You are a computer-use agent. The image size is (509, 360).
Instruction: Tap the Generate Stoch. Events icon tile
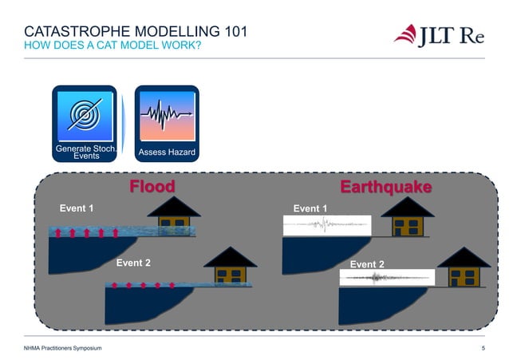click(85, 123)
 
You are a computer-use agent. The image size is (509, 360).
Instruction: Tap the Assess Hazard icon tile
click(167, 123)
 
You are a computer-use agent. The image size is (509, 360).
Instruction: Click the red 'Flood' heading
click(152, 187)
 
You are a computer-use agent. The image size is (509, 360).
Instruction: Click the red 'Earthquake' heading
click(386, 187)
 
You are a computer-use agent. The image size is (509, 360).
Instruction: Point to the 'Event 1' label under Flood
click(77, 208)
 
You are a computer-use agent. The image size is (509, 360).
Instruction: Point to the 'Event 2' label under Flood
click(133, 263)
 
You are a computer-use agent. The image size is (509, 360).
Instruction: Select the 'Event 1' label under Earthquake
click(310, 208)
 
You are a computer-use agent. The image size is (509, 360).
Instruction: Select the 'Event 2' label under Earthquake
click(367, 264)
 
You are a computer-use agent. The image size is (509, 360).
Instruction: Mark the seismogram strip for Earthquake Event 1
click(328, 226)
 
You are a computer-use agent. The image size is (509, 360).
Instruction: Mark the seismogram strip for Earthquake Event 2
click(386, 278)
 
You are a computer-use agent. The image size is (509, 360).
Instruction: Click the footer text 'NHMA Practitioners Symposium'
click(63, 349)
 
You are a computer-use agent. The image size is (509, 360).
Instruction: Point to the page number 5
click(483, 349)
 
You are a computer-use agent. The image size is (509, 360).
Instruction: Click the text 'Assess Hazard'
click(167, 152)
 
